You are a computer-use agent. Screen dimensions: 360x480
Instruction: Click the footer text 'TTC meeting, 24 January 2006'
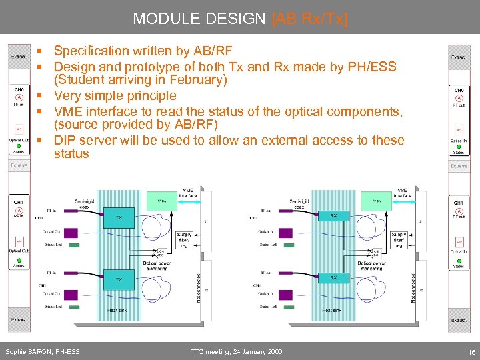(x=236, y=351)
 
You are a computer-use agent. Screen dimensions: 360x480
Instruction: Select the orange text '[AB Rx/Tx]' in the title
(x=309, y=19)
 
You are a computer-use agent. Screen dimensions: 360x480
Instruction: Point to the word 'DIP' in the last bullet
(x=65, y=140)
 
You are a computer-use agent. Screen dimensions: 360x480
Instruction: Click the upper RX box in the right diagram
(x=333, y=216)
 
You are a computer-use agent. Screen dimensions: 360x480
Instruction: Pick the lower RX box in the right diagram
(x=333, y=278)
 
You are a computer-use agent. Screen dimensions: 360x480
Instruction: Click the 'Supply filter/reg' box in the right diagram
(x=399, y=240)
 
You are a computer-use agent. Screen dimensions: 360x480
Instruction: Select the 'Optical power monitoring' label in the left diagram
(x=159, y=267)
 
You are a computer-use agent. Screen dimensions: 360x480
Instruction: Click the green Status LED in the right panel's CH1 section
(x=459, y=260)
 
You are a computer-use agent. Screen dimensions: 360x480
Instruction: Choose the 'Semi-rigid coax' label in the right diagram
(x=303, y=203)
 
